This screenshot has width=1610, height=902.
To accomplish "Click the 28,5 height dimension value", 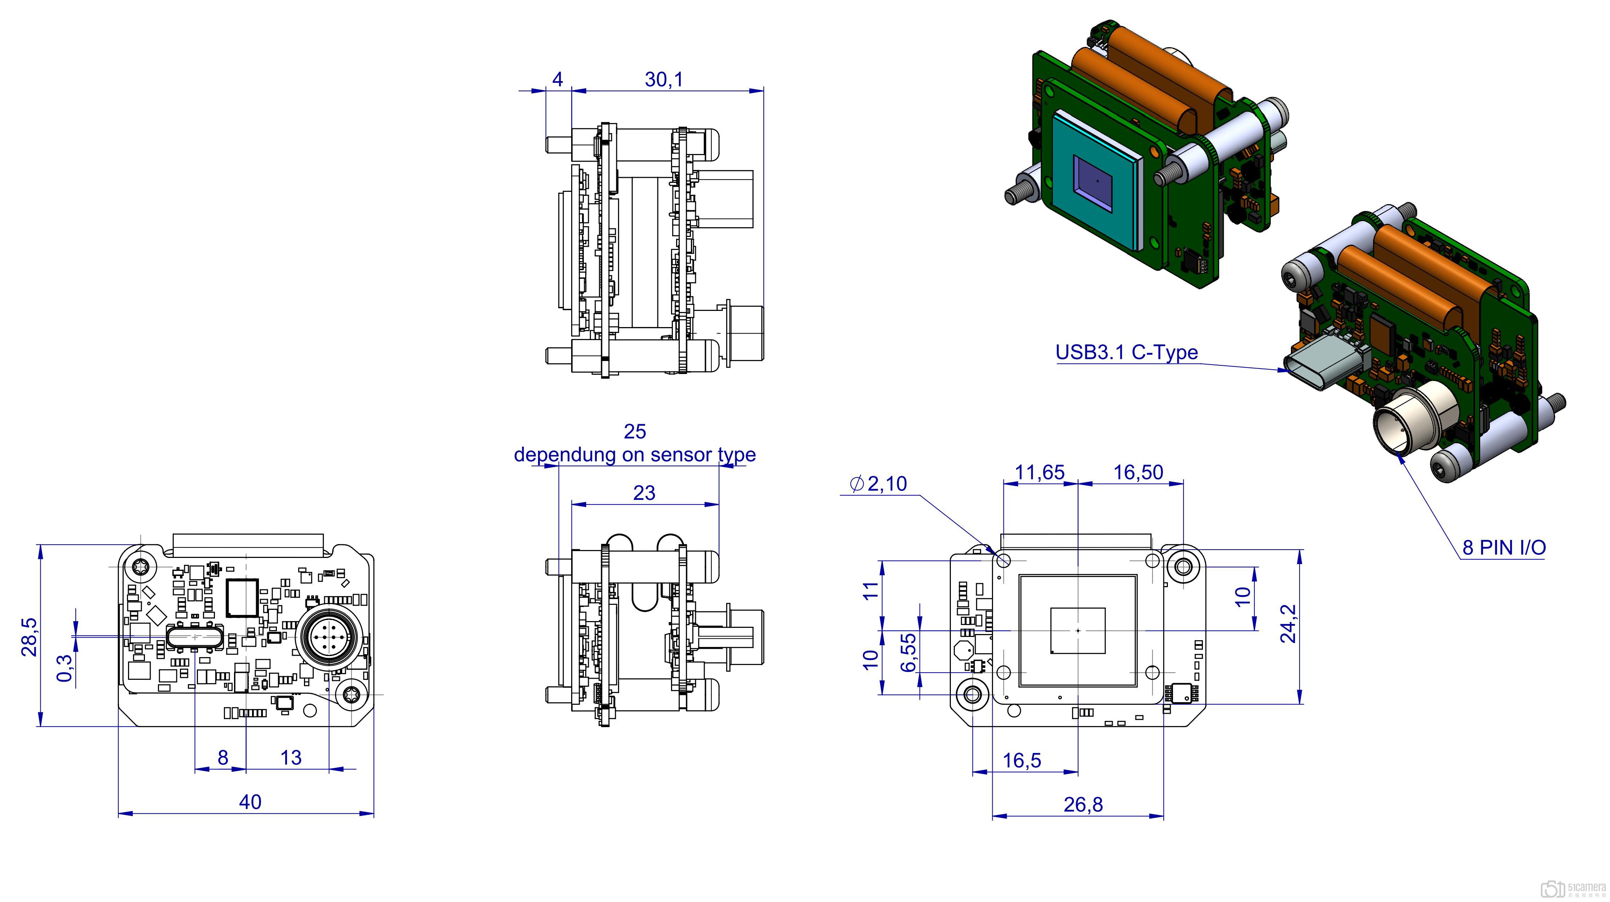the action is tap(29, 636).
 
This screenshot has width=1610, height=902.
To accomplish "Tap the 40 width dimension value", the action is tap(250, 802).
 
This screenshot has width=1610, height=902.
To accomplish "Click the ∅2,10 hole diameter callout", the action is tap(878, 483).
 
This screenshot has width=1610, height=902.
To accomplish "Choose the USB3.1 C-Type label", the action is tap(1126, 353).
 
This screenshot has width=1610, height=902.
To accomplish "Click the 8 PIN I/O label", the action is tap(1504, 547).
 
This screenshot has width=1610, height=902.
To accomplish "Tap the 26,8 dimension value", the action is tap(1083, 805).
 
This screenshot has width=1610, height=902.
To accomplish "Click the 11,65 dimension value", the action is tap(1039, 472).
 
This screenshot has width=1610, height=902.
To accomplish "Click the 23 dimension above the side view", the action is tap(644, 493).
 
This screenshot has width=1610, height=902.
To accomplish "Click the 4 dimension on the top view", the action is tap(558, 79).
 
